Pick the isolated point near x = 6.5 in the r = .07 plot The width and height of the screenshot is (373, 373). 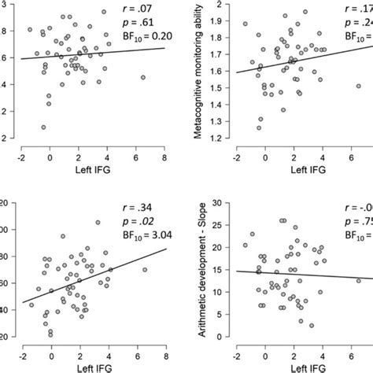click(143, 77)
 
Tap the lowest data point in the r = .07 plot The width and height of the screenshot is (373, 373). click(42, 127)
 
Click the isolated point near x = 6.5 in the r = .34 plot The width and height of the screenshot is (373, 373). click(144, 270)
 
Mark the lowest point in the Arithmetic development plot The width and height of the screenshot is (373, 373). click(312, 325)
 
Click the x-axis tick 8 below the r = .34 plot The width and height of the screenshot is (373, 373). click(164, 352)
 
